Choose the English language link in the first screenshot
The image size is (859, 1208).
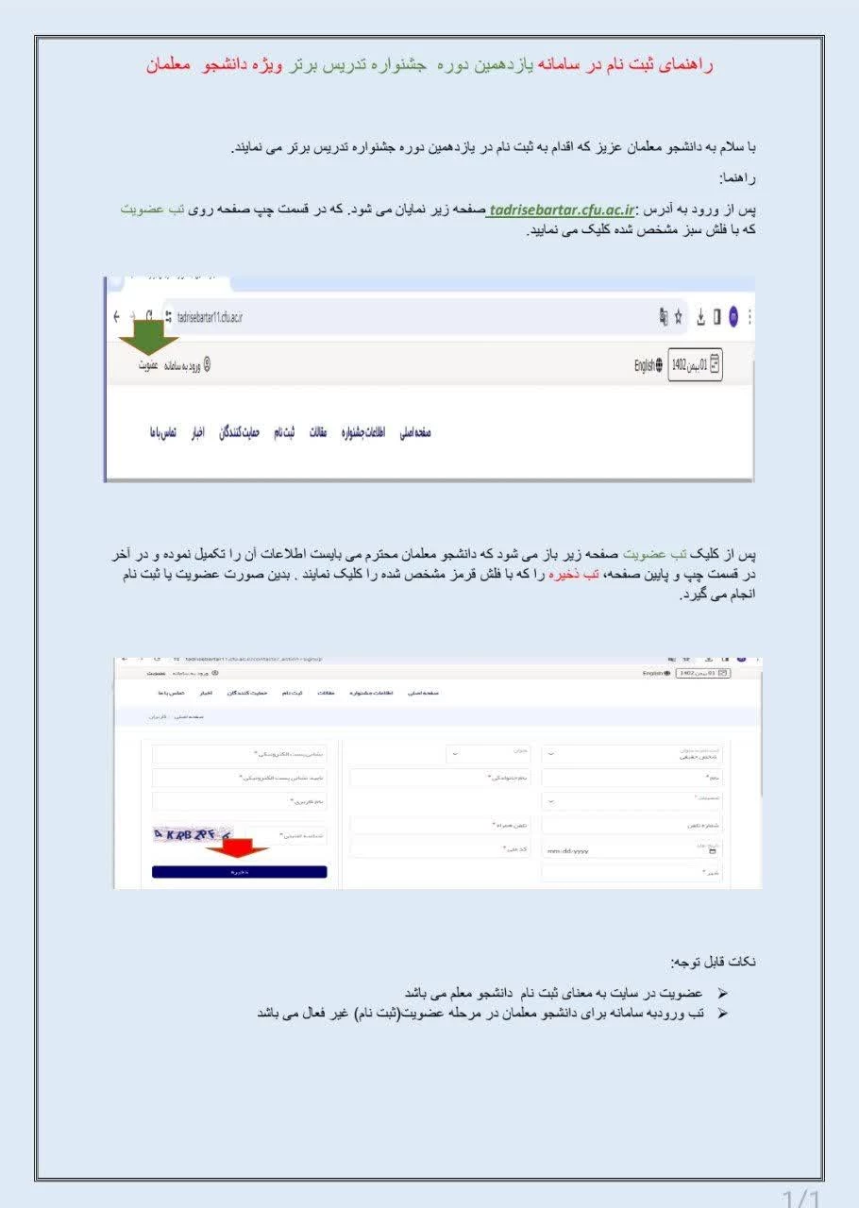[x=648, y=366]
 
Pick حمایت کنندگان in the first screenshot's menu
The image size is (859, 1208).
[x=239, y=432]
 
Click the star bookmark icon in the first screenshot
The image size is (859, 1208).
[x=678, y=317]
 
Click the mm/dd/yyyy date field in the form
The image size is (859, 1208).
[x=568, y=850]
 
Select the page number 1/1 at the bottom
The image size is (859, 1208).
[x=802, y=1199]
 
